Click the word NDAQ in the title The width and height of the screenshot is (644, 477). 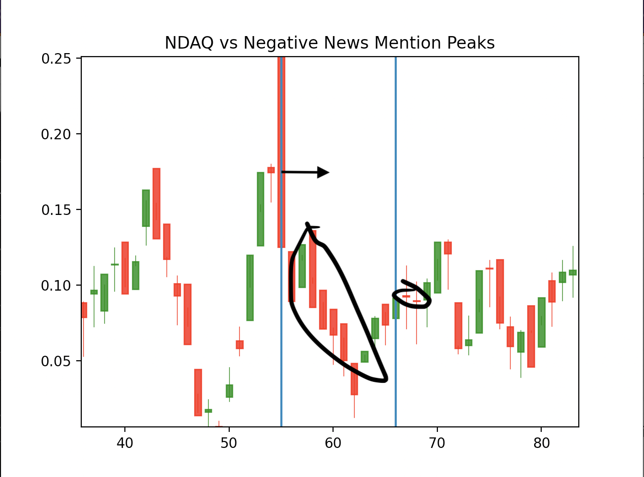click(189, 43)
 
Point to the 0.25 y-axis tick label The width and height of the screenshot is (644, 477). click(56, 59)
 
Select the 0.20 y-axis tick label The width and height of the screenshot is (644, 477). click(56, 134)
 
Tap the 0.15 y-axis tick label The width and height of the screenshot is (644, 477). click(56, 210)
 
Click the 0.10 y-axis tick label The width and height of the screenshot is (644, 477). click(56, 286)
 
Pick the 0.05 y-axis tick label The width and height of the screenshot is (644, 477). click(56, 362)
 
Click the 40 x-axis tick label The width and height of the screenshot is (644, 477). click(125, 443)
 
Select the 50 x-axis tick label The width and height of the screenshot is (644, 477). click(229, 443)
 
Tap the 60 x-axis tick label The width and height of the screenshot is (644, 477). click(333, 443)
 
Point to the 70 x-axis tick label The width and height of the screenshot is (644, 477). click(437, 443)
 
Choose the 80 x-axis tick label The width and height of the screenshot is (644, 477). click(541, 443)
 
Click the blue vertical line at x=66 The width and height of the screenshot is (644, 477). click(396, 242)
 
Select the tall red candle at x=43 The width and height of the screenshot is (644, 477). click(156, 204)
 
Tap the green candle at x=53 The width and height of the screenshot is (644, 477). click(260, 209)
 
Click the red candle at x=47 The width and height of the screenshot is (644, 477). click(198, 392)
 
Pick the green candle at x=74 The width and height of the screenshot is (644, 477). click(479, 302)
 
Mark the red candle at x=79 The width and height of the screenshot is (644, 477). click(531, 336)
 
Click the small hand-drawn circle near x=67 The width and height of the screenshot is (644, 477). click(412, 295)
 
